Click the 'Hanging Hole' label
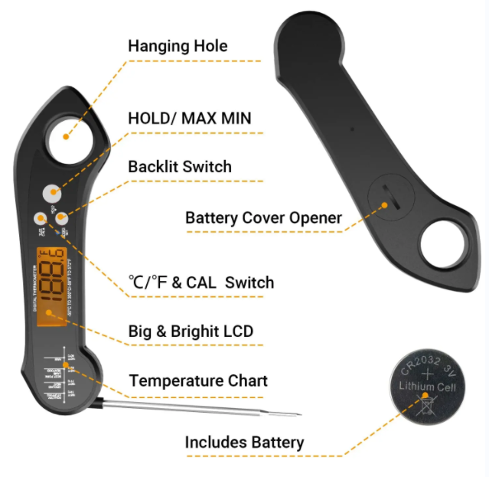[x=178, y=46]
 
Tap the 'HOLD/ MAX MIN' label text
[x=189, y=119]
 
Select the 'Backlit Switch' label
[x=179, y=166]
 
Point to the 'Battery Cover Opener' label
[x=263, y=217]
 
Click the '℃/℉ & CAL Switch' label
[x=200, y=283]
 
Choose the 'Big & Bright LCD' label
[x=190, y=332]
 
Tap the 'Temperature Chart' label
[x=198, y=381]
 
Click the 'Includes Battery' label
[x=244, y=442]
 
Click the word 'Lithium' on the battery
[x=416, y=387]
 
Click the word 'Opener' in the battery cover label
[x=315, y=217]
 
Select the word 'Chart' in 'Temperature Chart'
[x=248, y=381]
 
